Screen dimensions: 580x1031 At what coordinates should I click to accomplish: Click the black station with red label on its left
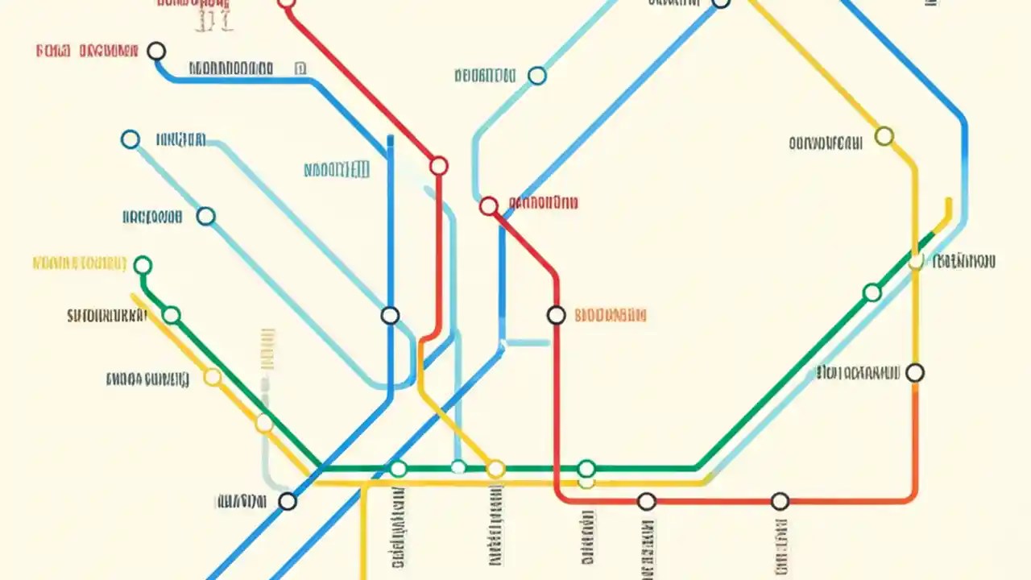156,51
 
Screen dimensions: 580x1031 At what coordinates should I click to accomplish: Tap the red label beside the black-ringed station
87,52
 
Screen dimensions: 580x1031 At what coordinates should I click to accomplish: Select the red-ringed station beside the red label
489,206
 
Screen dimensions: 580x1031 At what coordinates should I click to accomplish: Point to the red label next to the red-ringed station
544,202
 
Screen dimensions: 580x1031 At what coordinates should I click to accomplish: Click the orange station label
611,315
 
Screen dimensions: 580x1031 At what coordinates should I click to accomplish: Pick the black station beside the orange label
556,315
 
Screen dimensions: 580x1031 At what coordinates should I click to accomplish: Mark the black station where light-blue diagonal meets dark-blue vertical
390,315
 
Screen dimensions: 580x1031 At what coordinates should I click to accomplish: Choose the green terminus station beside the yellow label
143,265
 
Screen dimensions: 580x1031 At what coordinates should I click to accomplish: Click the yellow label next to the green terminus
79,263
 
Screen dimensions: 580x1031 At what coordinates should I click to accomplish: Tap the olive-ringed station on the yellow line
884,135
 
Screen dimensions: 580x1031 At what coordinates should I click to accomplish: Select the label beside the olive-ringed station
826,143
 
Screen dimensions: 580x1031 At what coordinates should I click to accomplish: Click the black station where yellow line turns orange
915,373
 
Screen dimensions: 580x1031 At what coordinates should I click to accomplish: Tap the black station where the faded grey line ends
288,501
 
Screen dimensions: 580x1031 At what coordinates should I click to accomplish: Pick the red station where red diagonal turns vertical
438,166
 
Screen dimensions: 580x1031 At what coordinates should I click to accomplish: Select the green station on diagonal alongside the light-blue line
872,292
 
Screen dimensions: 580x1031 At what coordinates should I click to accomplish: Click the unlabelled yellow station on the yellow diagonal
264,422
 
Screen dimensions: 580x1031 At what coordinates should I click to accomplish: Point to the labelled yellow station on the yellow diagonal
213,377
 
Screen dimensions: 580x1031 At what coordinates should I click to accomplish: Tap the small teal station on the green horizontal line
458,466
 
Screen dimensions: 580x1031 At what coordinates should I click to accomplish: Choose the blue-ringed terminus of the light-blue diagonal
130,139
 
